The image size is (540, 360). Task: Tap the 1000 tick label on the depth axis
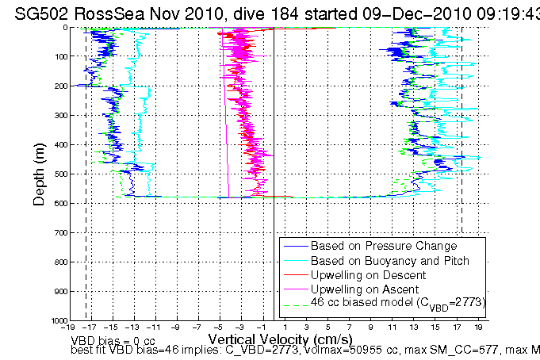coord(52,320)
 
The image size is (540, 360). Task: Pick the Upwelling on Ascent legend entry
coord(361,289)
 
